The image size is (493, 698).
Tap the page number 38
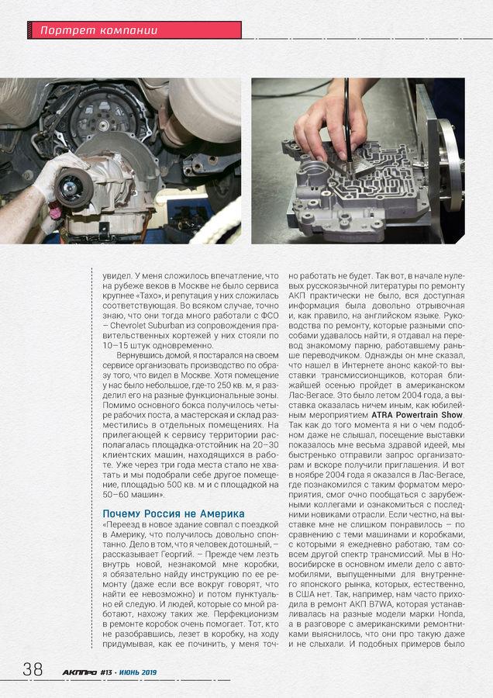(33, 669)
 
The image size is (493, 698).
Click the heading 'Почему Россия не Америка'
(174, 513)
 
